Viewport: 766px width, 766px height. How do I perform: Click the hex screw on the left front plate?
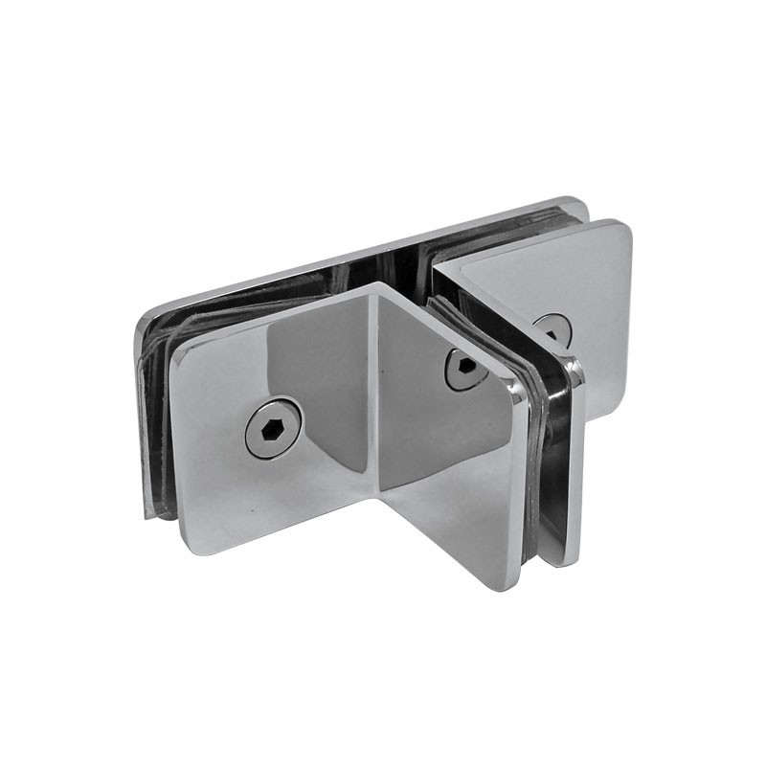272,428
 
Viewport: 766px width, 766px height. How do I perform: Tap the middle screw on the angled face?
463,369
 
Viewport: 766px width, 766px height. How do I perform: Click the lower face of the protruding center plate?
450,498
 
